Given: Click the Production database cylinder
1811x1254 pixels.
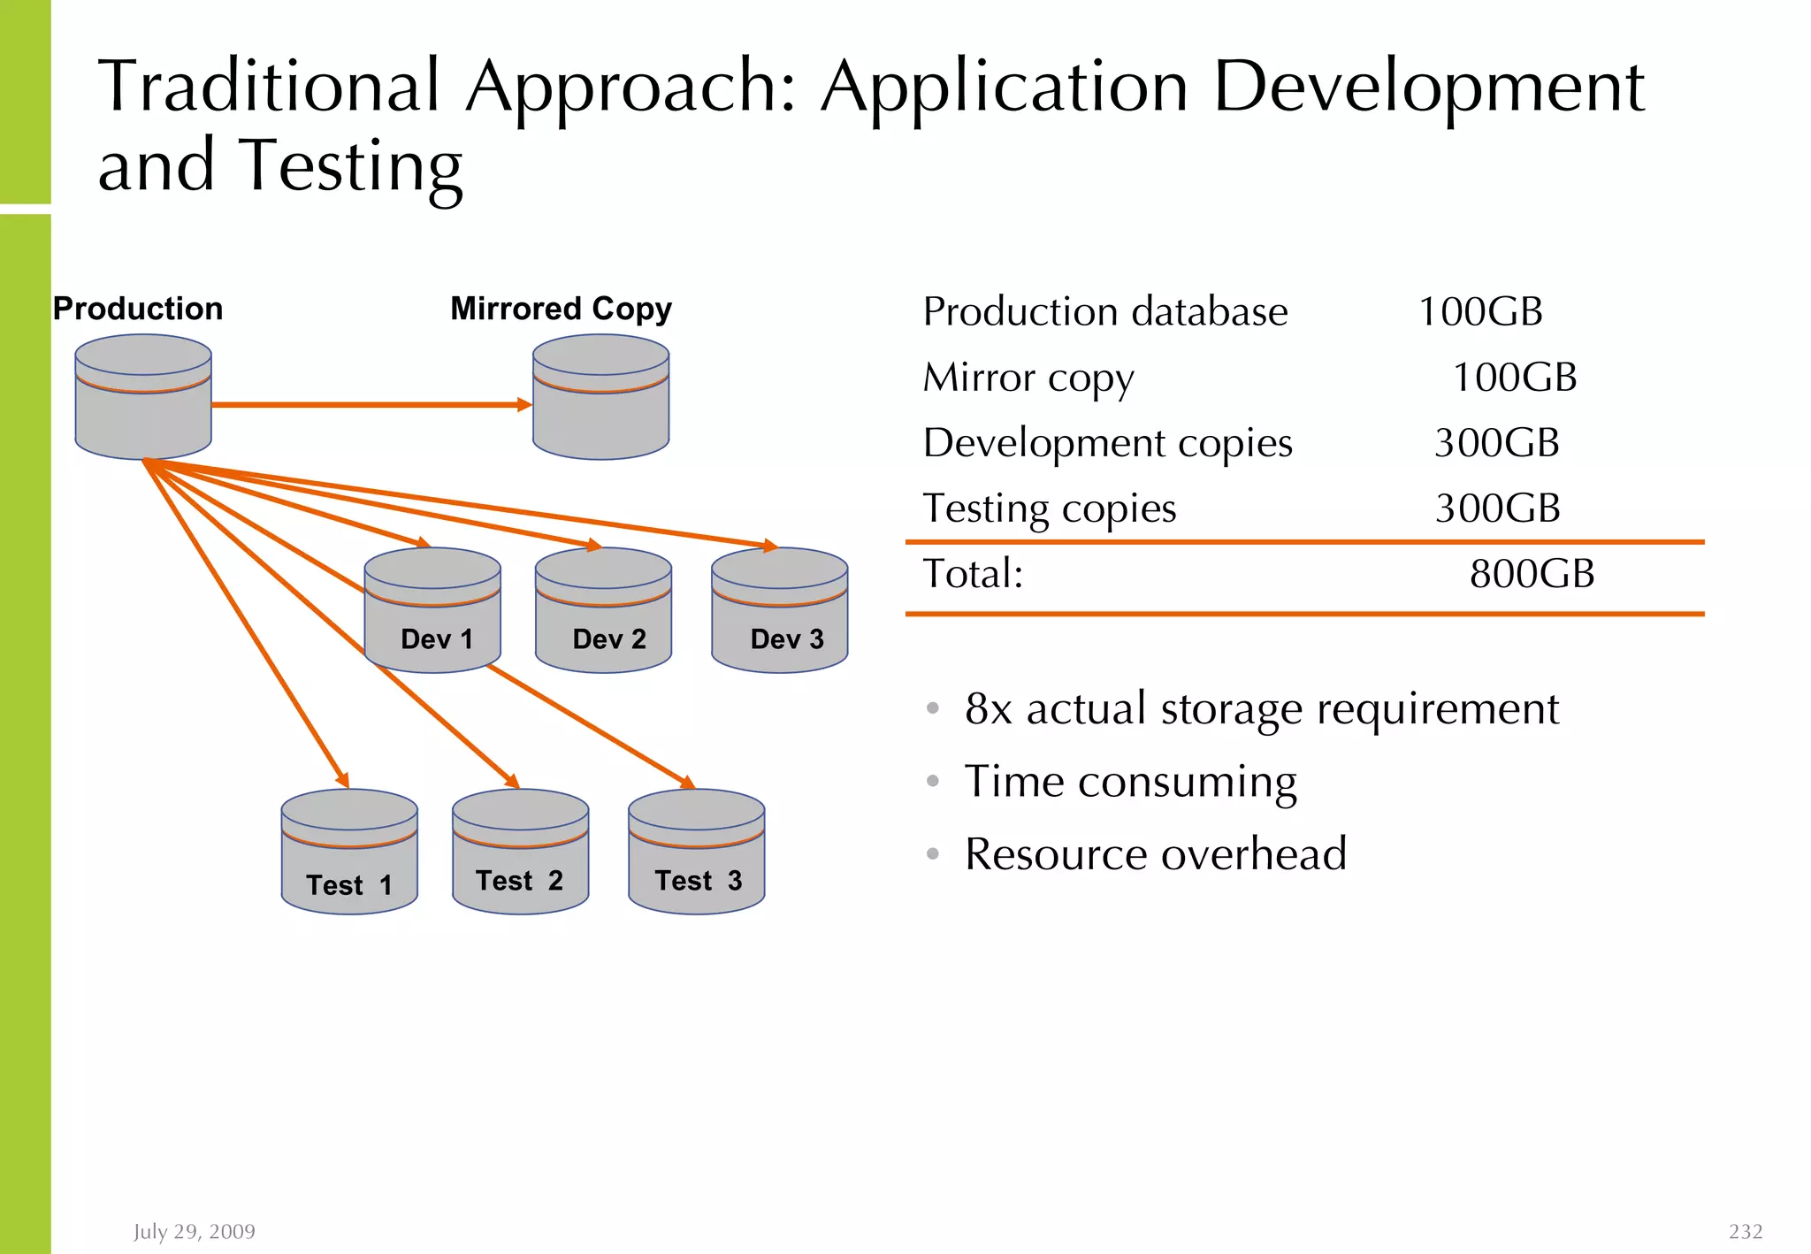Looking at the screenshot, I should (x=143, y=398).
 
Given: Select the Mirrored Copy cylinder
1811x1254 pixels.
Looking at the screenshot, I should (x=600, y=398).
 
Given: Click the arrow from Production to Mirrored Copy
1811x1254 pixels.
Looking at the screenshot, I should (x=371, y=405).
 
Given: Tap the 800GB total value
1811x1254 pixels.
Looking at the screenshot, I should (x=1532, y=574).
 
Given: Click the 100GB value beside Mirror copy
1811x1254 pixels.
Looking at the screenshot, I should (x=1514, y=378).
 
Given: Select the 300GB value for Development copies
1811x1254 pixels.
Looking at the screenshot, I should (x=1496, y=443).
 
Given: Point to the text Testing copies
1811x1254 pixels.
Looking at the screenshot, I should (x=1050, y=508).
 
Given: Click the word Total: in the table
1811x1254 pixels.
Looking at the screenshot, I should (x=973, y=574).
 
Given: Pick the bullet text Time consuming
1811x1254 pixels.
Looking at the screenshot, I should (x=1130, y=782).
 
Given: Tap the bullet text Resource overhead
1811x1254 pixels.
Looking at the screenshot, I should (x=1155, y=854).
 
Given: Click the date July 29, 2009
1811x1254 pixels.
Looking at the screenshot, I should (x=195, y=1232).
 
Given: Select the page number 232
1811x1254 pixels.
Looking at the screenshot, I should (x=1746, y=1232).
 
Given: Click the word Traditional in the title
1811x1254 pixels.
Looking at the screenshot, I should (x=269, y=87).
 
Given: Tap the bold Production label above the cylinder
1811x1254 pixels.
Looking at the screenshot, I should (x=138, y=309).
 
